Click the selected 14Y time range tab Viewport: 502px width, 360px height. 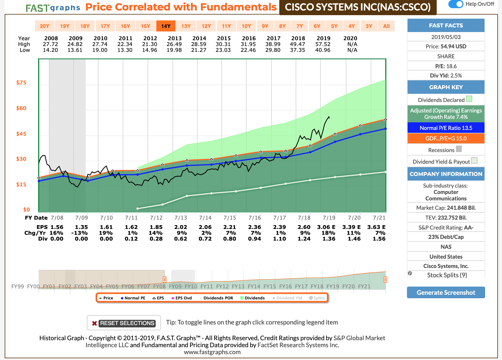pyautogui.click(x=166, y=26)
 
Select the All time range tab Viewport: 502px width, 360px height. pyautogui.click(x=386, y=26)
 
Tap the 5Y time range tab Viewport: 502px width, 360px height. pyautogui.click(x=334, y=26)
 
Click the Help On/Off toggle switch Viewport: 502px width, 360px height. pyautogui.click(x=456, y=4)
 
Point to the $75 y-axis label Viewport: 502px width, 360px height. pyautogui.click(x=21, y=83)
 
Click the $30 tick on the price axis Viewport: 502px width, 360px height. pyautogui.click(x=21, y=159)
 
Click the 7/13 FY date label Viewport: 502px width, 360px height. pyautogui.click(x=181, y=218)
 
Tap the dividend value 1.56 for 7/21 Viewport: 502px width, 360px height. pyautogui.click(x=379, y=239)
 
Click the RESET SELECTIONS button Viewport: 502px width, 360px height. pyautogui.click(x=124, y=323)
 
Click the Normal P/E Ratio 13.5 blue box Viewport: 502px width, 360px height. pyautogui.click(x=446, y=128)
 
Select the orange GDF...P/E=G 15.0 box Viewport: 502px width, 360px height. pyautogui.click(x=446, y=138)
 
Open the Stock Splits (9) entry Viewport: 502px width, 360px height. pyautogui.click(x=447, y=275)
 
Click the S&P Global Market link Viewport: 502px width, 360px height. pyautogui.click(x=359, y=338)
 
